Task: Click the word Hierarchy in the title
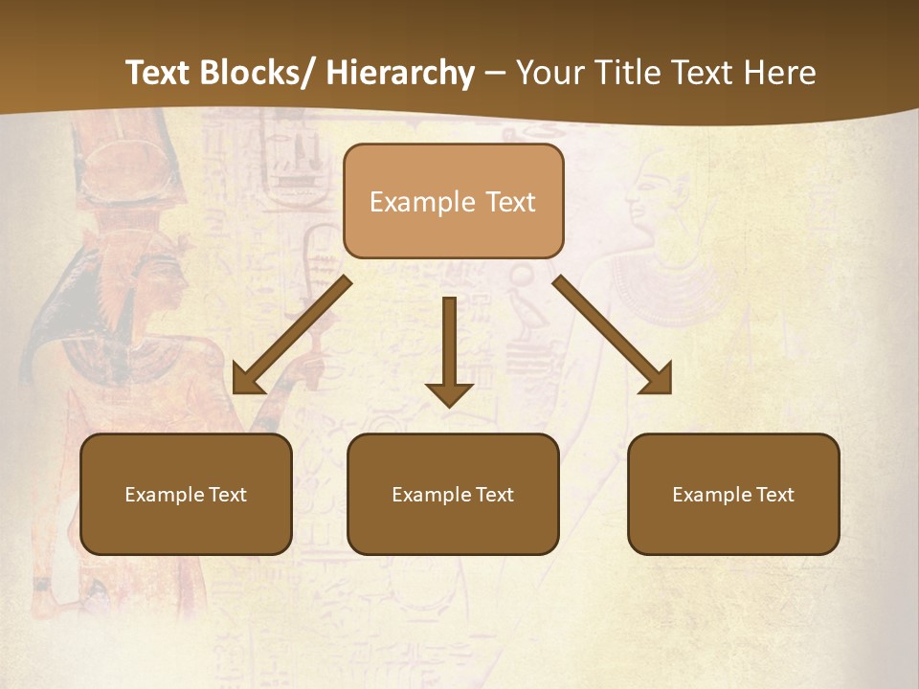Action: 400,73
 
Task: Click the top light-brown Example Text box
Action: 453,201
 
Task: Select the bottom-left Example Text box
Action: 186,494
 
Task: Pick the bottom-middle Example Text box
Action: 453,494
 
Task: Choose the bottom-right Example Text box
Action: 733,494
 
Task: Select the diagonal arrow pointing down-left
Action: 292,335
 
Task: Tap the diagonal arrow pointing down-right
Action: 613,335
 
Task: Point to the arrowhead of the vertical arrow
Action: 449,393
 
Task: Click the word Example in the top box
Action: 412,202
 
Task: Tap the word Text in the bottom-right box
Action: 773,495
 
